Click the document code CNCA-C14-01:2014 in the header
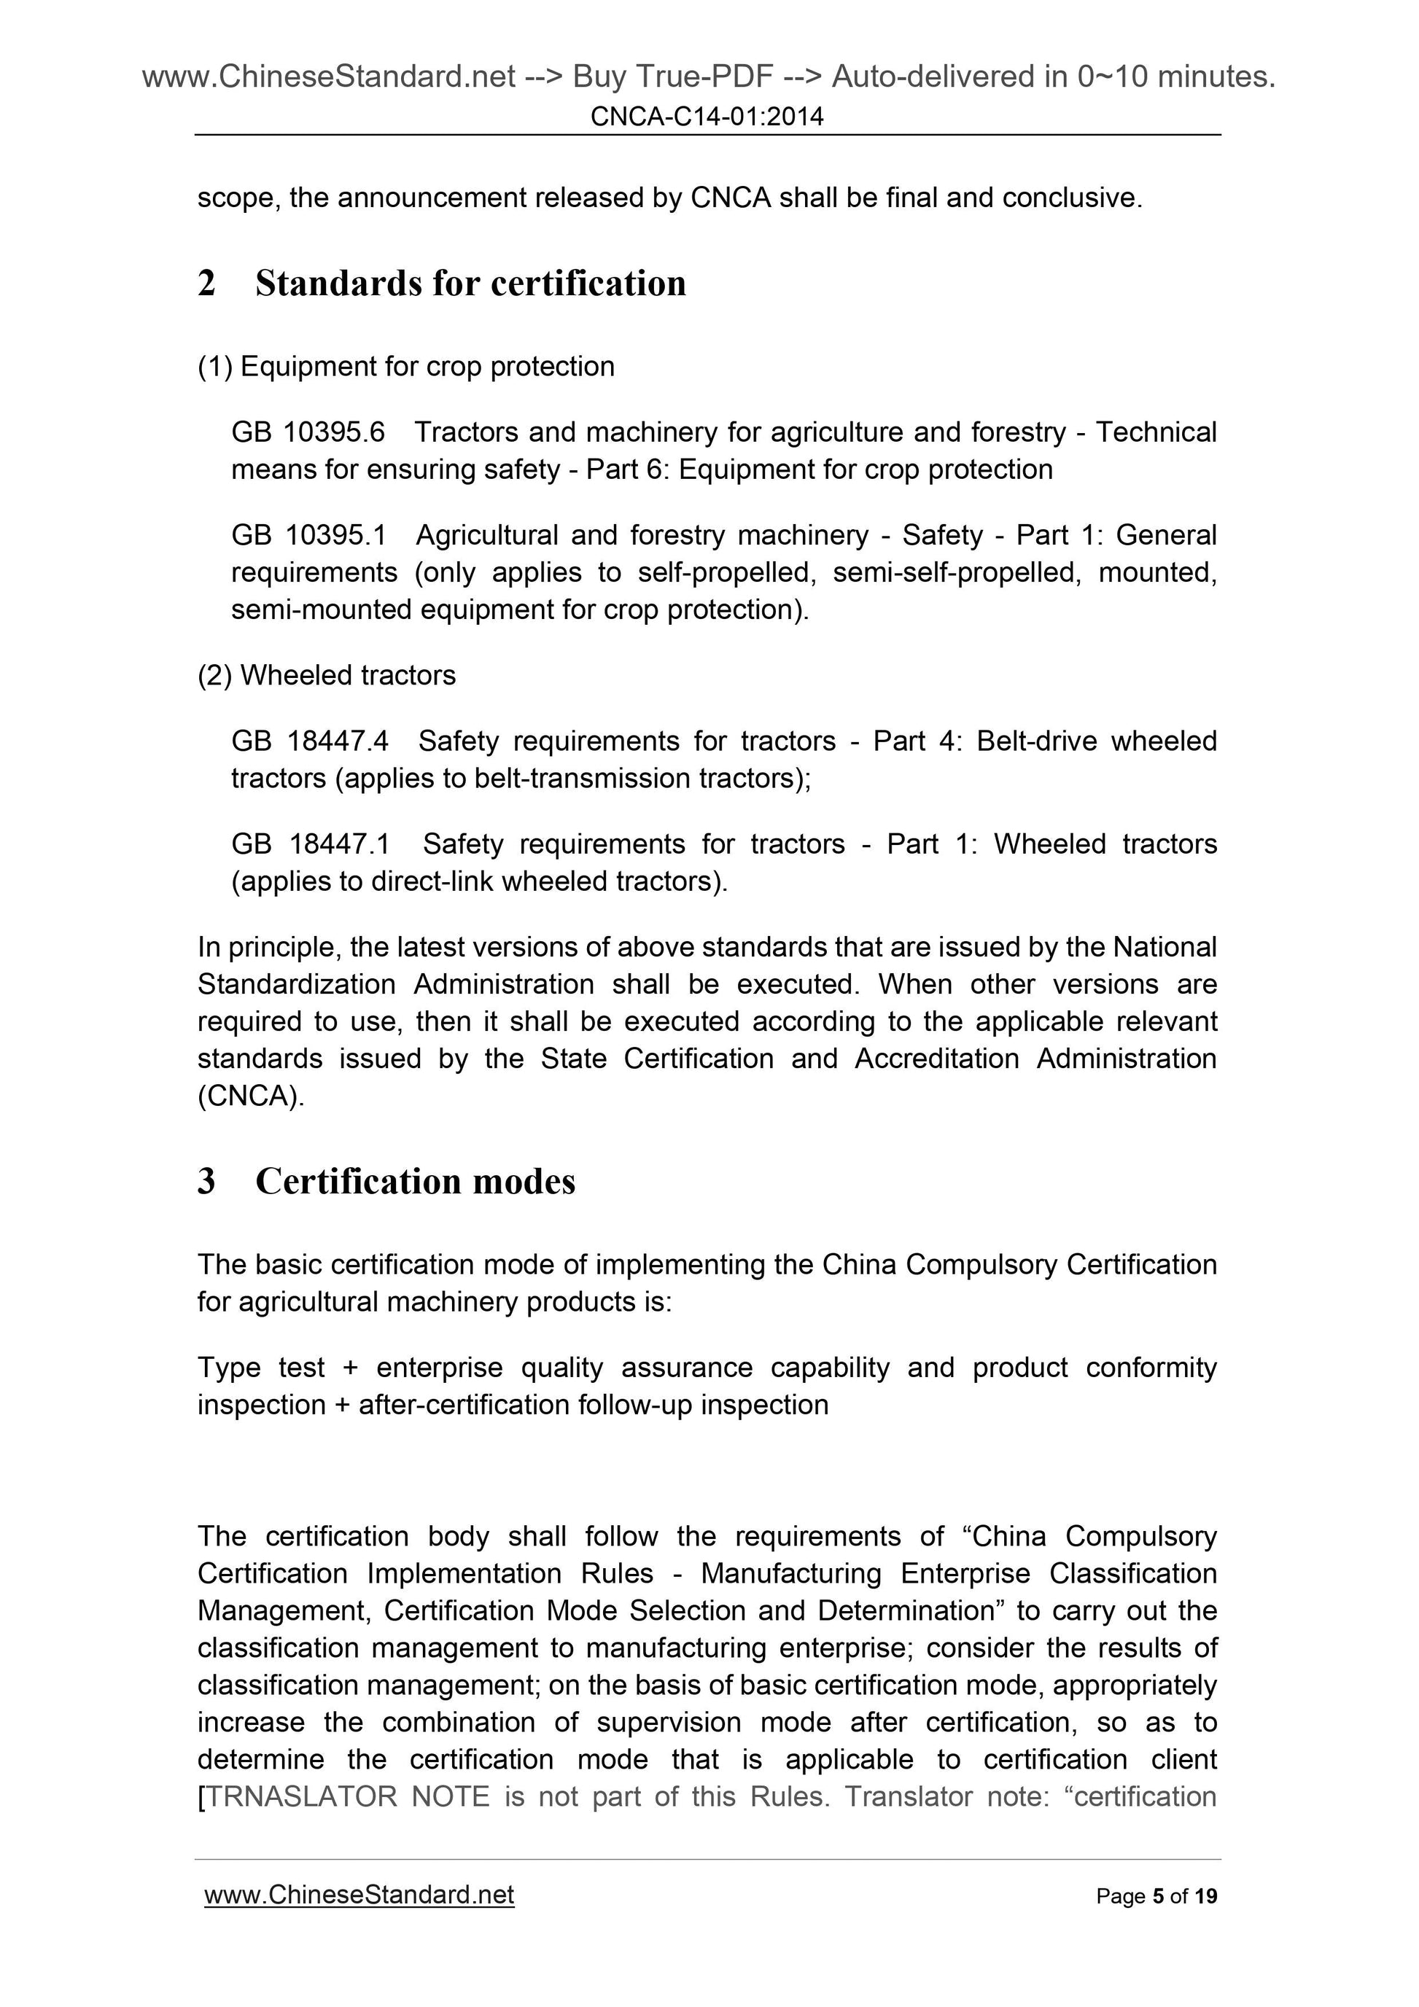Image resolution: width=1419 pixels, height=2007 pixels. click(x=707, y=116)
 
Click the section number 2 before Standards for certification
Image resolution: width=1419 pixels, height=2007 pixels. click(x=206, y=283)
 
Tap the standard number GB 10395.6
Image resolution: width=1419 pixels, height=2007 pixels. click(x=308, y=432)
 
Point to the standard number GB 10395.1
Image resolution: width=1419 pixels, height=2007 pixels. click(x=308, y=535)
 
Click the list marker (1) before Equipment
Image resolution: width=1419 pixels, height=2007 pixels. click(x=215, y=366)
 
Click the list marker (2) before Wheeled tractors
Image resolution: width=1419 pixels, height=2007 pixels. click(x=215, y=675)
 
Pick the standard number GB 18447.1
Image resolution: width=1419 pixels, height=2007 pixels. click(x=311, y=844)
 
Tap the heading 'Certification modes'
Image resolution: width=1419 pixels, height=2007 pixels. click(x=416, y=1181)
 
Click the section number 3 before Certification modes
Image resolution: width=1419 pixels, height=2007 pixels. click(x=206, y=1181)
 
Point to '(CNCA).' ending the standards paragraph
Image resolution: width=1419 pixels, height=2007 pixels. click(x=251, y=1096)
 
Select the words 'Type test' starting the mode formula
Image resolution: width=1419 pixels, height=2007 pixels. click(x=260, y=1367)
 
